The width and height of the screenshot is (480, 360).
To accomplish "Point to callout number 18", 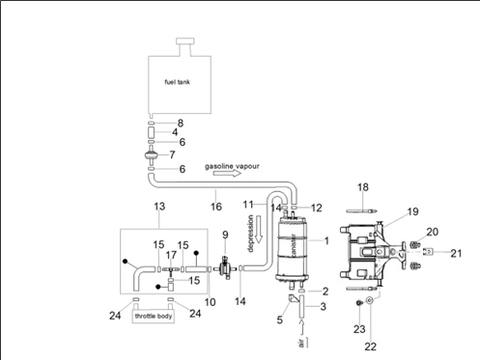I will click(362, 186).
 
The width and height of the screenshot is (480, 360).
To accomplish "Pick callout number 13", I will click(160, 207).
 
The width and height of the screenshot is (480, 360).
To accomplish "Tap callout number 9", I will click(225, 235).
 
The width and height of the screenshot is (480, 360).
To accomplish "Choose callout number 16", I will click(216, 207).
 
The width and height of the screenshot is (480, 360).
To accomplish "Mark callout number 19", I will click(412, 210).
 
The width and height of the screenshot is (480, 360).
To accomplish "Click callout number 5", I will click(279, 319).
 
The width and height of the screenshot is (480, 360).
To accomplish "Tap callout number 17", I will click(170, 256).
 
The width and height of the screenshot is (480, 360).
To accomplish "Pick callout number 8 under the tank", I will click(180, 123).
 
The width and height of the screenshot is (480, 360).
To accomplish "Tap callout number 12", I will click(317, 207).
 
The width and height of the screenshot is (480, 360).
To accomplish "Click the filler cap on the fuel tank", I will click(183, 43).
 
